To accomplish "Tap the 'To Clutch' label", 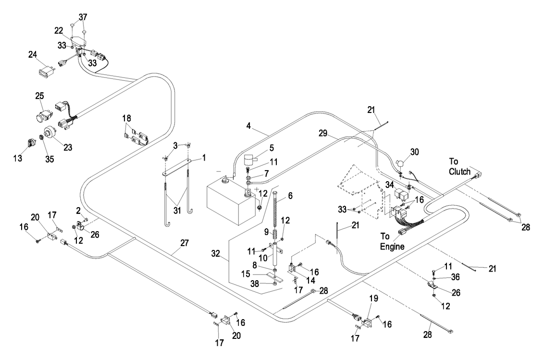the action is (459, 167).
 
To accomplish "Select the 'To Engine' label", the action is (392, 241).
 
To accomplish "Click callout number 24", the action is (33, 54).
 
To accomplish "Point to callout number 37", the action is (83, 17).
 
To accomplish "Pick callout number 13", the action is (18, 158).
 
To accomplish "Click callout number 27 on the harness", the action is (184, 243).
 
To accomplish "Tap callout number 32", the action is (216, 254).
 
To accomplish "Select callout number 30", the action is (415, 152).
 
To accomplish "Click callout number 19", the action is (374, 298).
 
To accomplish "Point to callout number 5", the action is (272, 148).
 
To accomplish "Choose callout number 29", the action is (323, 133).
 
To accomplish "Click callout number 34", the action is (390, 185).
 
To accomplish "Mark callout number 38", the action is (255, 284).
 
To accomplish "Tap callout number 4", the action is (248, 125).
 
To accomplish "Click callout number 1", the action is (204, 158).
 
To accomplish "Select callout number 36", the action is (455, 277).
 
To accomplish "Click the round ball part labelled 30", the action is (400, 163).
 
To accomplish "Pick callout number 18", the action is (127, 118).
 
